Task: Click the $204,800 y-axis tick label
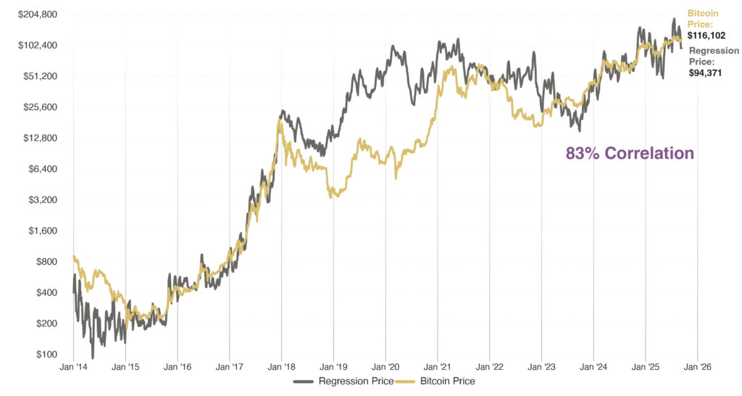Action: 38,15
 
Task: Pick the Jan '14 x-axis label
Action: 73,367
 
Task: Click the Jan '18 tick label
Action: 281,367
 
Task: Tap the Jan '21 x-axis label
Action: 437,367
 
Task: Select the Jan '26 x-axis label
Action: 697,367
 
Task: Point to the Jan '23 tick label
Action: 541,367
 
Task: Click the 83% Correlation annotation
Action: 630,154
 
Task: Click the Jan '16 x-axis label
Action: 178,367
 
